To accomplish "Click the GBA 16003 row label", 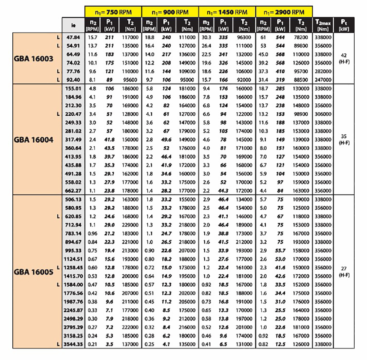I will click(x=34, y=58).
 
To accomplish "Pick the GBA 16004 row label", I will click(x=34, y=140).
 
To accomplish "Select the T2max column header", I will click(x=323, y=25).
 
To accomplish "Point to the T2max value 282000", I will click(x=323, y=71).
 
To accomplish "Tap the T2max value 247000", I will click(x=323, y=80).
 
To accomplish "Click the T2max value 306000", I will click(x=323, y=114).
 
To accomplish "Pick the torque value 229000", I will click(x=130, y=225).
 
